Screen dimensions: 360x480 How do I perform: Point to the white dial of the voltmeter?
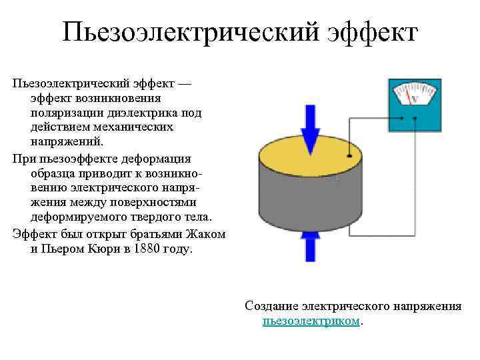pyautogui.click(x=413, y=93)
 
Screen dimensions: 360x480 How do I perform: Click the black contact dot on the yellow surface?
pyautogui.click(x=349, y=157)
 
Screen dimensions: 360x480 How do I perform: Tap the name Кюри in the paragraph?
pyautogui.click(x=101, y=249)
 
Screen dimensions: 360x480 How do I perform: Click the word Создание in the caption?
pyautogui.click(x=271, y=306)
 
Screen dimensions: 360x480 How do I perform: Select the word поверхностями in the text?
pyautogui.click(x=167, y=203)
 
